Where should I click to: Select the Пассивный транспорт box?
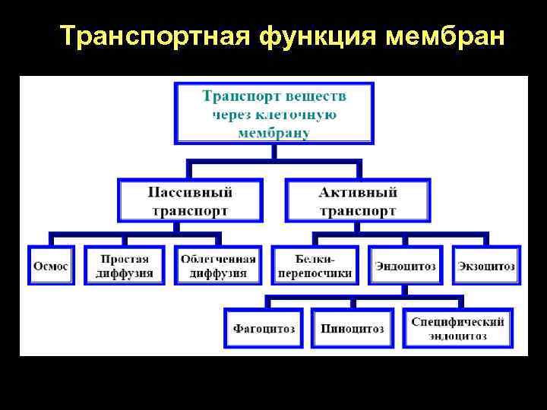(190, 201)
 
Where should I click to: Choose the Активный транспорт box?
(358, 201)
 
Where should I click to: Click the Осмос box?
(51, 266)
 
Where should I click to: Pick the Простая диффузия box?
(125, 266)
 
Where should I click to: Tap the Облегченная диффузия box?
(218, 266)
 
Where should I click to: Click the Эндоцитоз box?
(405, 266)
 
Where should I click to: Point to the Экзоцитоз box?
(486, 266)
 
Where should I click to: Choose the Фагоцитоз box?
(264, 329)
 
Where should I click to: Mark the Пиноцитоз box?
(352, 329)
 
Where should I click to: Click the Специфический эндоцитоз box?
(457, 329)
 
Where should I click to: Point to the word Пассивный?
(190, 193)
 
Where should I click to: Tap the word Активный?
(358, 193)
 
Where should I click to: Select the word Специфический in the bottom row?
(457, 322)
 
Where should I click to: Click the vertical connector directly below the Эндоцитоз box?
(405, 290)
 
